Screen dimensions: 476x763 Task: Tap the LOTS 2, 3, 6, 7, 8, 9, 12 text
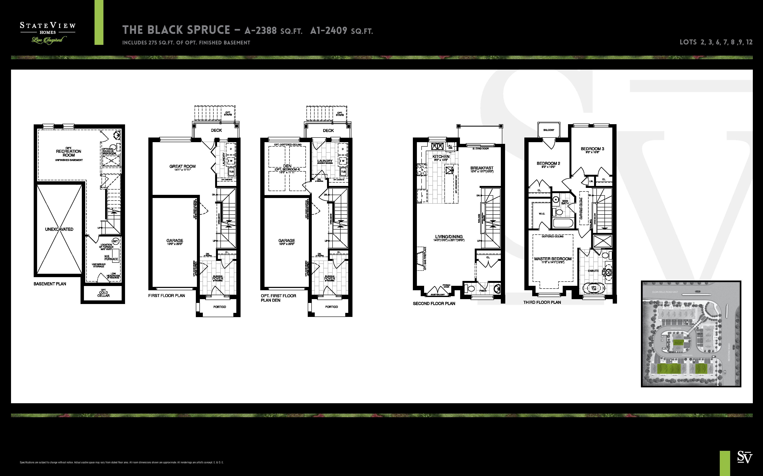(x=716, y=42)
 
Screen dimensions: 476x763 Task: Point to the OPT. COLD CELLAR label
(x=103, y=293)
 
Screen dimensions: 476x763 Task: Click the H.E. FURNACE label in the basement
(x=111, y=258)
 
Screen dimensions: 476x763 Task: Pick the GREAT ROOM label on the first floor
(x=182, y=166)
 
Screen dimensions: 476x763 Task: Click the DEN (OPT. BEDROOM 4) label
(x=287, y=168)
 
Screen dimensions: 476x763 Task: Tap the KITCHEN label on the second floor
(x=441, y=157)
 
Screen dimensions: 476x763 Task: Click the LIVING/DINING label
(x=449, y=237)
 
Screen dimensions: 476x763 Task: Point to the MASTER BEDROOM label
(x=553, y=259)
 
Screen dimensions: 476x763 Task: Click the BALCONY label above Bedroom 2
(x=549, y=130)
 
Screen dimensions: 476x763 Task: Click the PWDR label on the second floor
(x=483, y=291)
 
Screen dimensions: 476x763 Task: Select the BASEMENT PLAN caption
(x=50, y=284)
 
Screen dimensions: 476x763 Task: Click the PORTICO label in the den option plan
(x=331, y=307)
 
